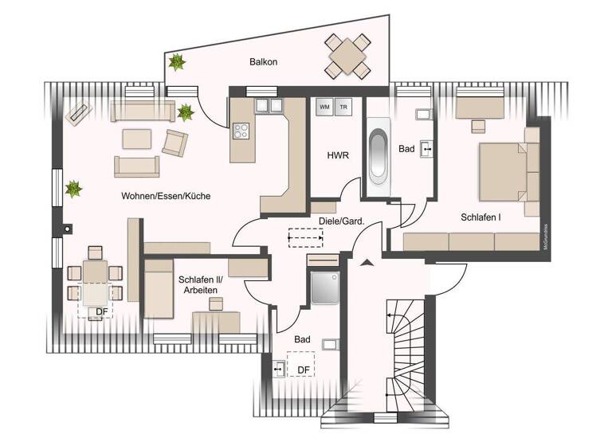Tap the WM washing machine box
tap(324, 107)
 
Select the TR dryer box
tap(343, 107)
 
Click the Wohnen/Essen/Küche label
tap(166, 195)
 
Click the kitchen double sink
tap(269, 105)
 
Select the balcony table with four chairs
tap(347, 54)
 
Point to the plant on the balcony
tap(176, 61)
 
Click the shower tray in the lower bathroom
tap(324, 288)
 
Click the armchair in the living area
tap(175, 143)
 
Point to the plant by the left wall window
tap(73, 189)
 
